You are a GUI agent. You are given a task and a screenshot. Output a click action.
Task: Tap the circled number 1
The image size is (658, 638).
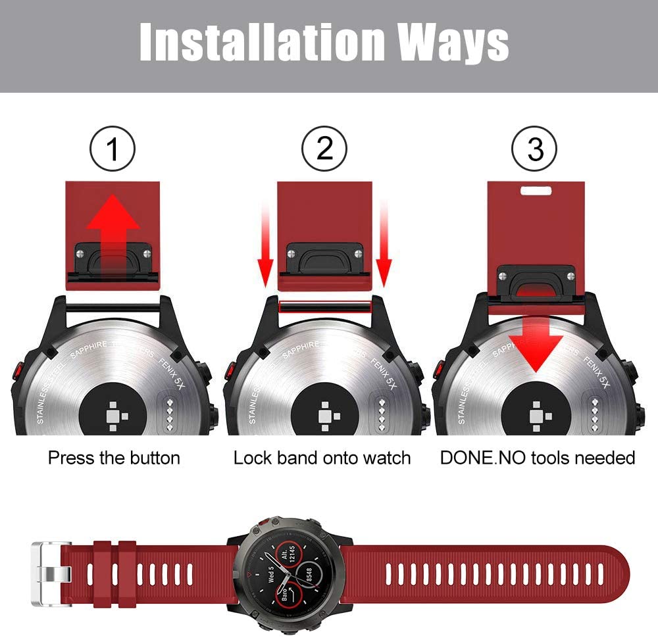pyautogui.click(x=113, y=150)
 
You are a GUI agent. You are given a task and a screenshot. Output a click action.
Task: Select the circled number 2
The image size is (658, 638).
pyautogui.click(x=324, y=150)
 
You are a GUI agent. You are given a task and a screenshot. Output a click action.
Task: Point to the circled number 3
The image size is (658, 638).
pyautogui.click(x=536, y=150)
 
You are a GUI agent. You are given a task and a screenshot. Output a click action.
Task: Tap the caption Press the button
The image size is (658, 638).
pyautogui.click(x=114, y=458)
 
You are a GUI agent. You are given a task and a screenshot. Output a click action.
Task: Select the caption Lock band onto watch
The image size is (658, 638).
pyautogui.click(x=322, y=458)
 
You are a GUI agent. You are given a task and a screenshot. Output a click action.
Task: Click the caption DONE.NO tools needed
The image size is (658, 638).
pyautogui.click(x=538, y=458)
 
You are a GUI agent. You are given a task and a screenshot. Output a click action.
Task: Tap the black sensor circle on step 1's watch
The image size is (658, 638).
pyautogui.click(x=113, y=411)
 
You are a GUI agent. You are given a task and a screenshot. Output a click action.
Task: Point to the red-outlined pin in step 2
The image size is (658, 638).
pyautogui.click(x=324, y=307)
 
